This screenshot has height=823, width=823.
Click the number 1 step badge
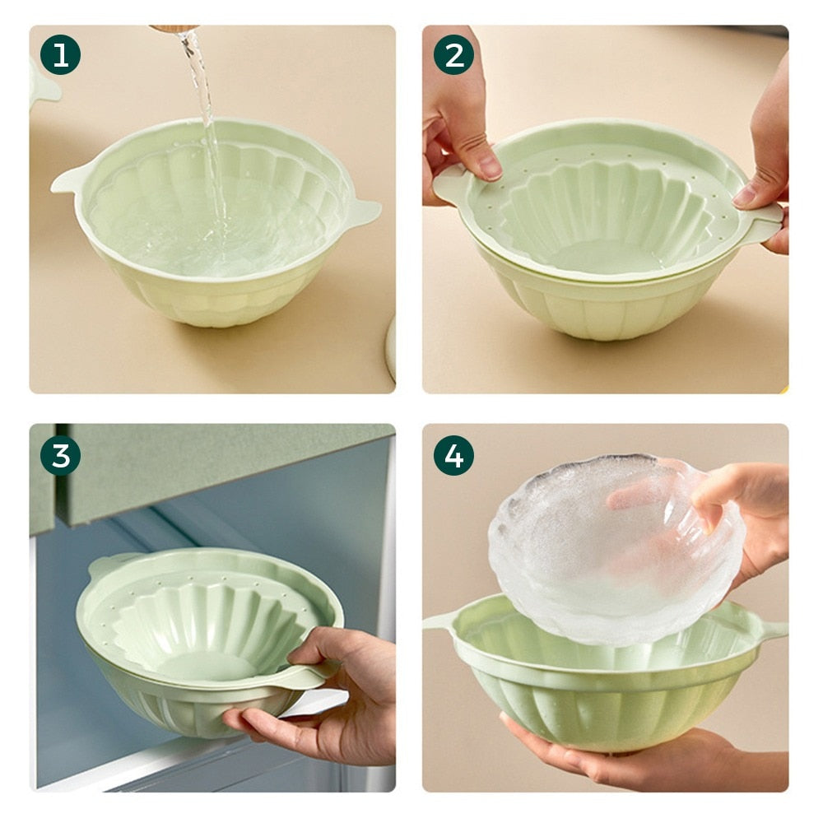(60, 55)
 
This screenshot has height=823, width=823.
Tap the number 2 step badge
(453, 55)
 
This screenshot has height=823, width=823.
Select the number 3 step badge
(60, 455)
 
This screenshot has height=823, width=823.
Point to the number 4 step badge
(453, 455)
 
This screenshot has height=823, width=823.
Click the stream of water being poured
(206, 123)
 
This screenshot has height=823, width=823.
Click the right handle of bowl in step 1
(362, 214)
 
